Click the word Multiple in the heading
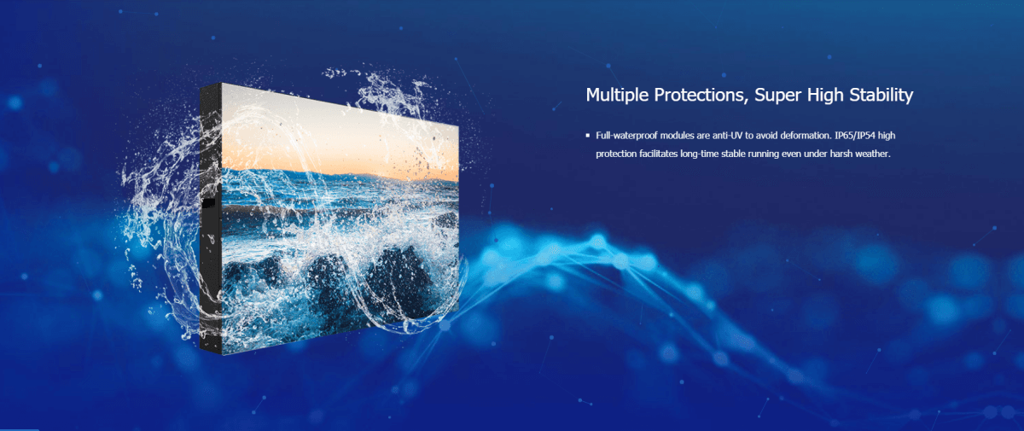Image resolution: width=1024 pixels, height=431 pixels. (x=617, y=95)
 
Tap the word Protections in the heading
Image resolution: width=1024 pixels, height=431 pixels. (x=701, y=95)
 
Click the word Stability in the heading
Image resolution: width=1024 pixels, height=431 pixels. (x=881, y=95)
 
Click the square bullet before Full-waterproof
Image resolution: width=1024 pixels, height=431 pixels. (x=588, y=136)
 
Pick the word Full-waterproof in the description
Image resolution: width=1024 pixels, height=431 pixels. (x=626, y=136)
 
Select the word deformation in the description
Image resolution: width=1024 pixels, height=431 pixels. (x=806, y=136)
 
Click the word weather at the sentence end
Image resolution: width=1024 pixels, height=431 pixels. (x=873, y=154)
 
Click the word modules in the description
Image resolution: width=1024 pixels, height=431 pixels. (x=677, y=136)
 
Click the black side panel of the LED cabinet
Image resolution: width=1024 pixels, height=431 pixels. (x=211, y=219)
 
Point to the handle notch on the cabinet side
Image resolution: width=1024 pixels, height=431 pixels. (x=208, y=204)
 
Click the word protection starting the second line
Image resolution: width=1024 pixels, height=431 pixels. (x=616, y=154)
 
